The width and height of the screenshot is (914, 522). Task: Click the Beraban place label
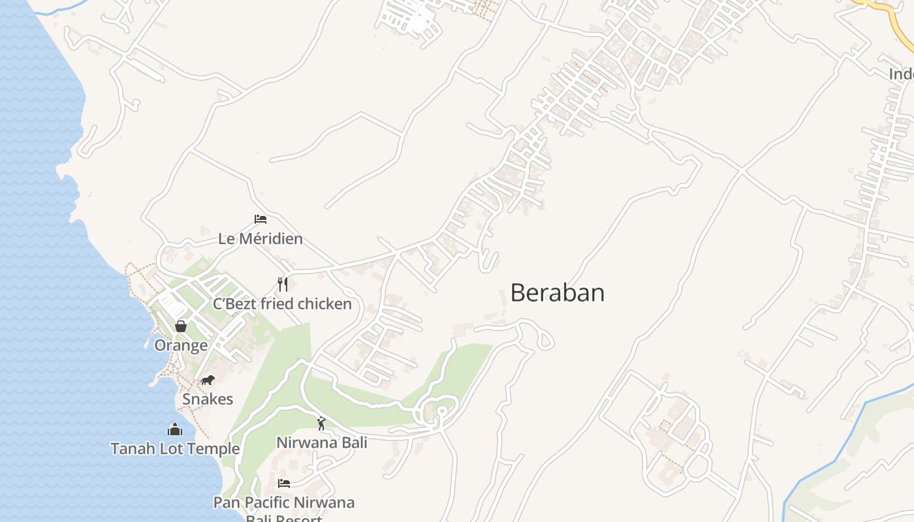tap(557, 292)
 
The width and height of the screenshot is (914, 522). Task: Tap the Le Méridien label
tap(260, 239)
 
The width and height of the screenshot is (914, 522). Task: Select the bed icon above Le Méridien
tap(260, 219)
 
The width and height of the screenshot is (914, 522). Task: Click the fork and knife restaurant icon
tap(283, 284)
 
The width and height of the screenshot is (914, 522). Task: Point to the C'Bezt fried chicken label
tap(282, 304)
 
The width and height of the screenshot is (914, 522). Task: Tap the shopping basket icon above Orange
tap(181, 326)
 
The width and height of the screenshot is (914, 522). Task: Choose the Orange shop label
tap(181, 345)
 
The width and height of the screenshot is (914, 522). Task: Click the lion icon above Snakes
tap(208, 380)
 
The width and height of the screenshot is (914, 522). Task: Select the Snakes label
tap(208, 399)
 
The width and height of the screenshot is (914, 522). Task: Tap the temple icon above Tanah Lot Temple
tap(175, 429)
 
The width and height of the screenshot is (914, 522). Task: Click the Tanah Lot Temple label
tap(175, 449)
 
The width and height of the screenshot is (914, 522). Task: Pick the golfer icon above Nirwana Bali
tap(321, 423)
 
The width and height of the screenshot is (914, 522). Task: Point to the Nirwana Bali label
tap(322, 442)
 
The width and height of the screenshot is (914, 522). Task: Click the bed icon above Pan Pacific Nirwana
tap(284, 484)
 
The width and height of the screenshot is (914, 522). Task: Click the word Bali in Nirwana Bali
tap(352, 442)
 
